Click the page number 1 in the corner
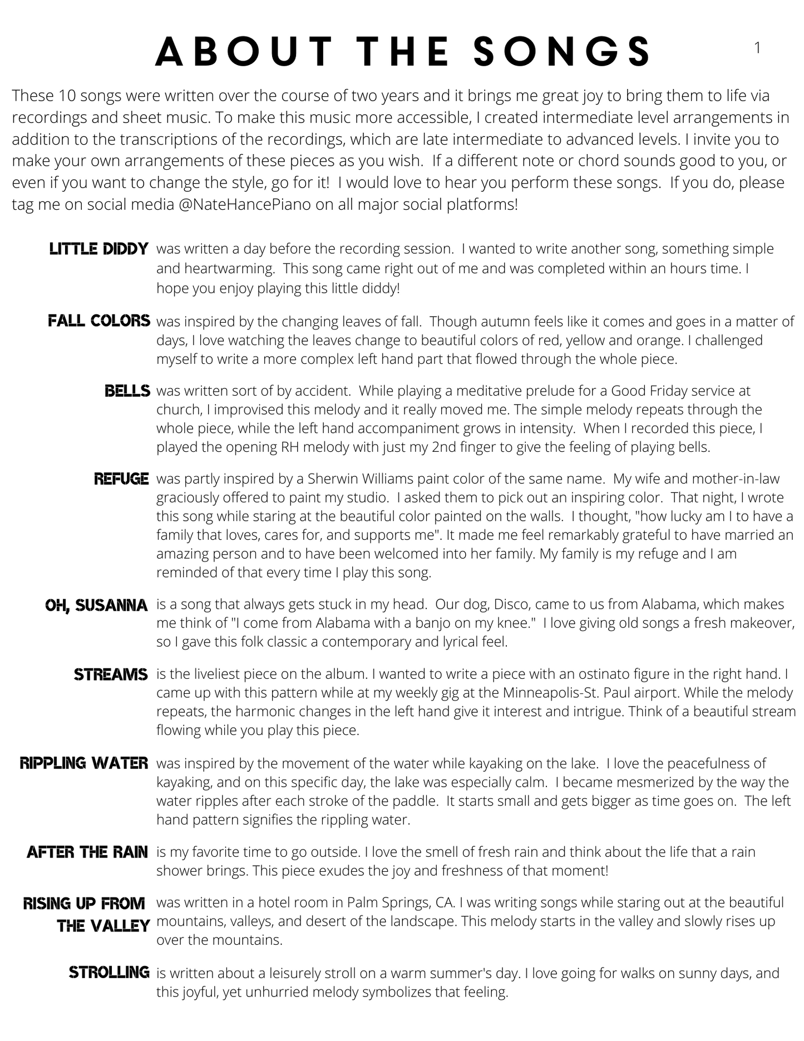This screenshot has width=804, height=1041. pyautogui.click(x=757, y=48)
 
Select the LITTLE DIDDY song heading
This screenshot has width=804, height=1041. pyautogui.click(x=99, y=249)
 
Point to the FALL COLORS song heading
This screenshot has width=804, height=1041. pyautogui.click(x=99, y=320)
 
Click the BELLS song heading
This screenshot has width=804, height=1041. pyautogui.click(x=127, y=391)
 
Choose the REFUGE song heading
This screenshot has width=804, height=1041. pyautogui.click(x=121, y=478)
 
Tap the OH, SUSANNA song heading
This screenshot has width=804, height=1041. pyautogui.click(x=97, y=605)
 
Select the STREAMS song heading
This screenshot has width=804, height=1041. pyautogui.click(x=111, y=674)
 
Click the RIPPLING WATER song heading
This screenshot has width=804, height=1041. pyautogui.click(x=84, y=763)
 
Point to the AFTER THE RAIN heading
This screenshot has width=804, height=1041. pyautogui.click(x=87, y=852)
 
